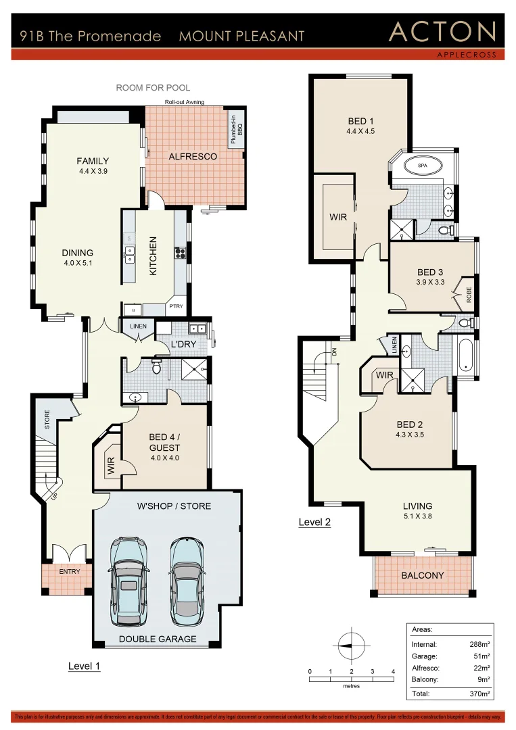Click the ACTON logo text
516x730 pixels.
[x=443, y=32]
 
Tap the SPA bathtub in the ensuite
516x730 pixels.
[x=422, y=165]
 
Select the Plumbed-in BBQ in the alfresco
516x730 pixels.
[x=236, y=128]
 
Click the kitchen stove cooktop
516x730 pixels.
[x=181, y=253]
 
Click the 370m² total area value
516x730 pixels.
[x=479, y=693]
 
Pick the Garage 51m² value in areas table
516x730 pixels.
[x=481, y=656]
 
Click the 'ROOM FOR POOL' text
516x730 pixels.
[x=153, y=88]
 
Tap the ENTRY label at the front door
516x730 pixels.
[x=69, y=572]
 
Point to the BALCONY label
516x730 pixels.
[x=422, y=576]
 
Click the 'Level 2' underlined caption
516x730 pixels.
[x=314, y=522]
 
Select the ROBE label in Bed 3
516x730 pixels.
[x=468, y=295]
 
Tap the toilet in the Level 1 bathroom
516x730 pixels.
[x=156, y=367]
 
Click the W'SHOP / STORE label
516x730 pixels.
[x=174, y=506]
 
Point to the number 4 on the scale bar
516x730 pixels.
[x=393, y=671]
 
